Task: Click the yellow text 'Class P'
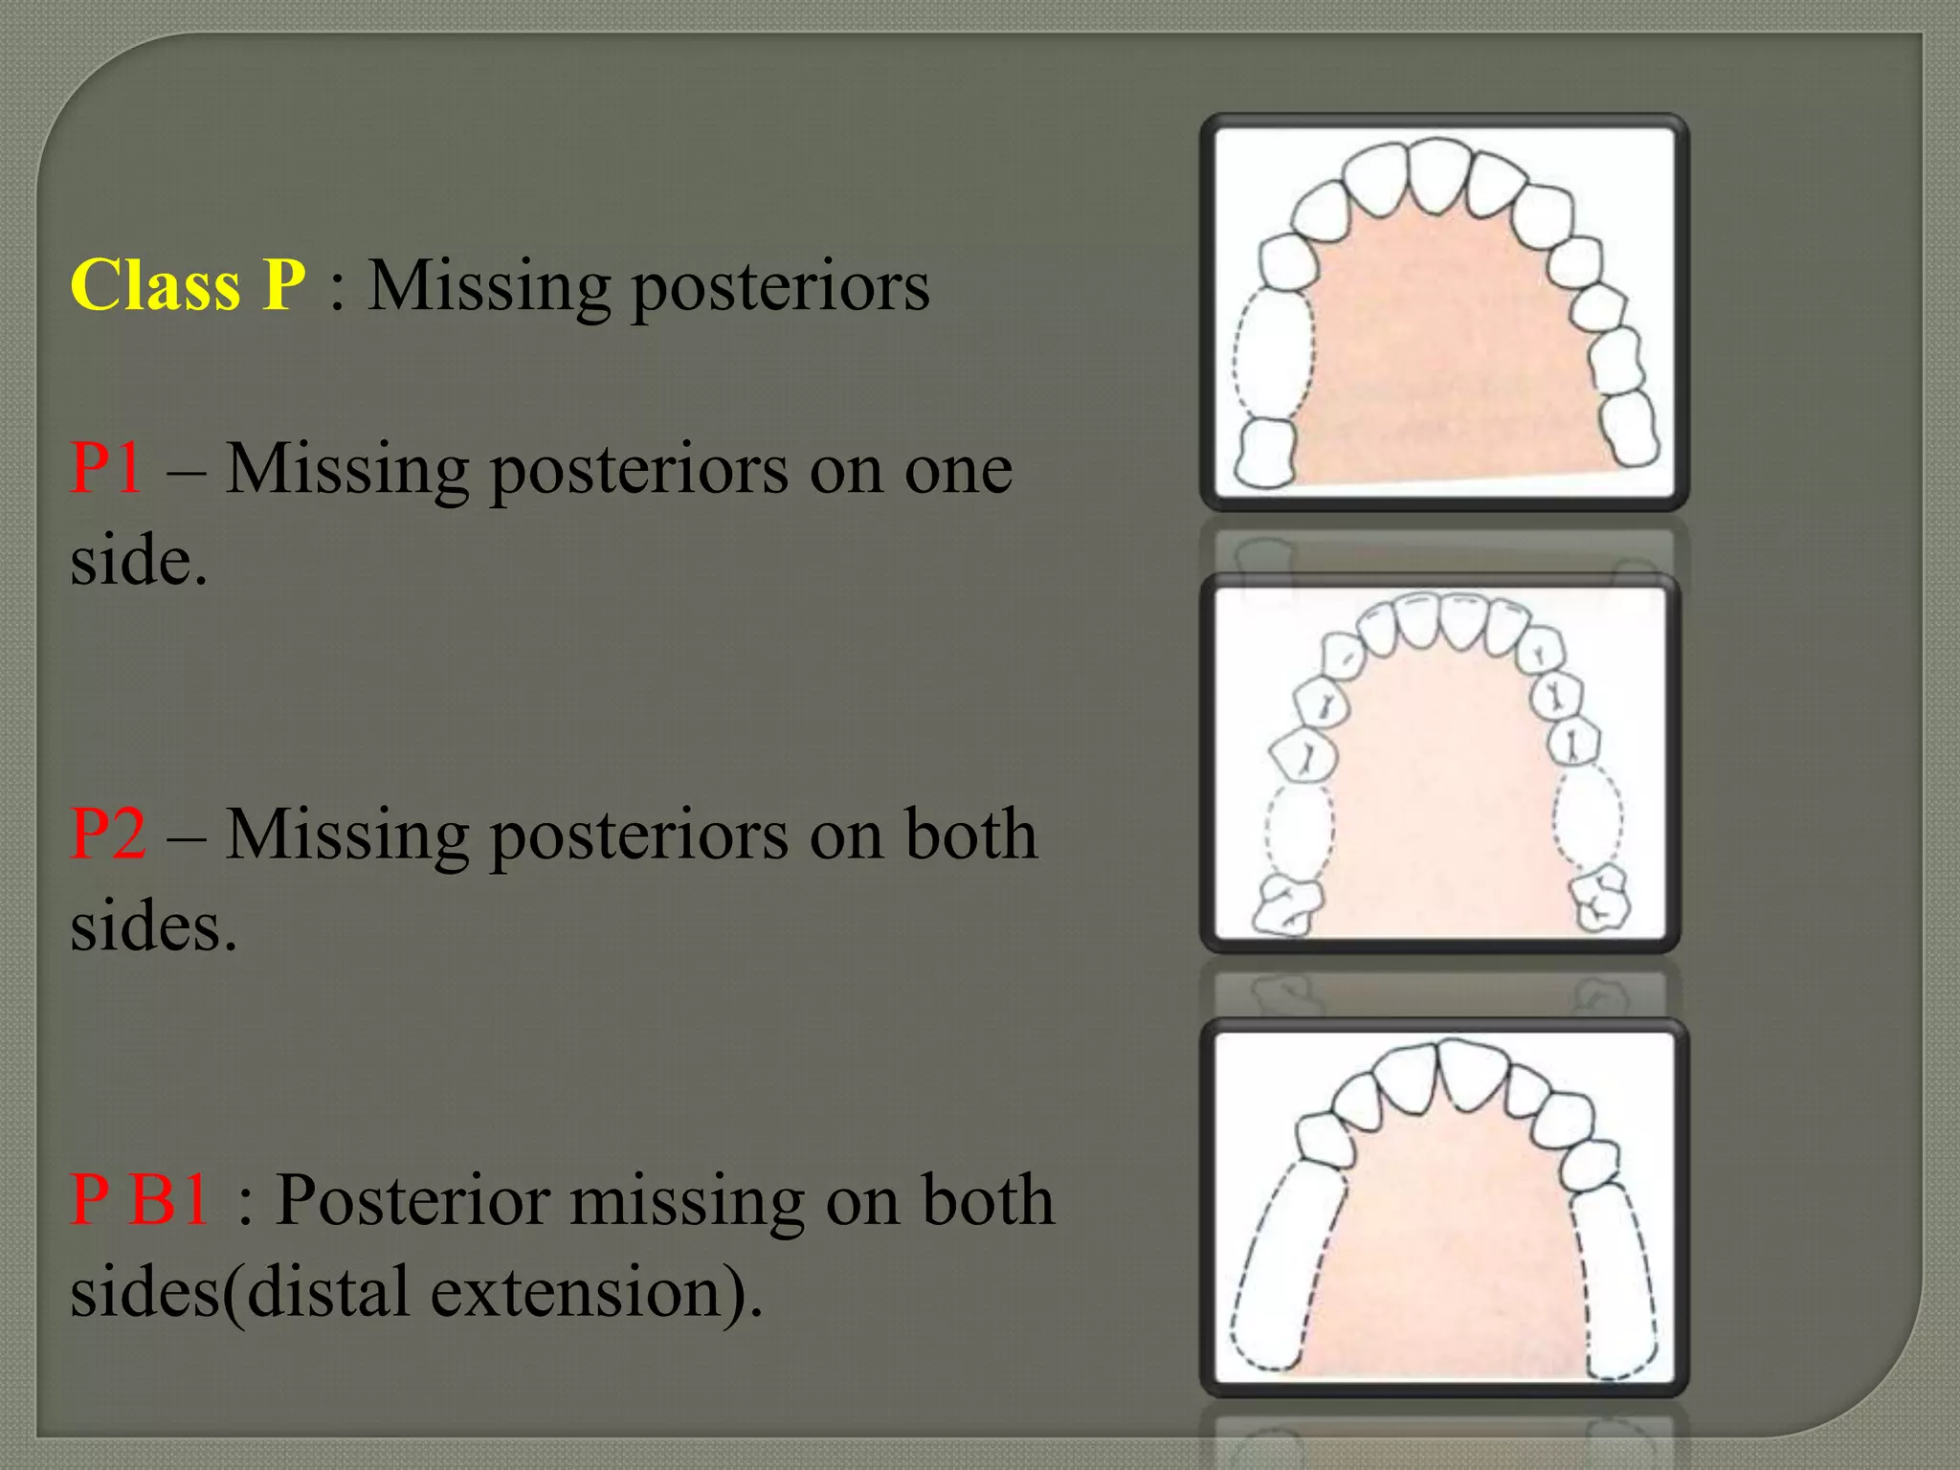[x=188, y=285]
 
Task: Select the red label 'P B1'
[x=140, y=1200]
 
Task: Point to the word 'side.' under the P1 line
[x=139, y=562]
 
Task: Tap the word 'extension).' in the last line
[x=596, y=1292]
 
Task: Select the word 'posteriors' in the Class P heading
[x=781, y=287]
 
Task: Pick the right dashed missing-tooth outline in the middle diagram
[x=1589, y=819]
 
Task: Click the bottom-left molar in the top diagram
[x=1265, y=453]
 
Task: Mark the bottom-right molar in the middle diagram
[x=1601, y=899]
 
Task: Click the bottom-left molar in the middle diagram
[x=1287, y=904]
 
